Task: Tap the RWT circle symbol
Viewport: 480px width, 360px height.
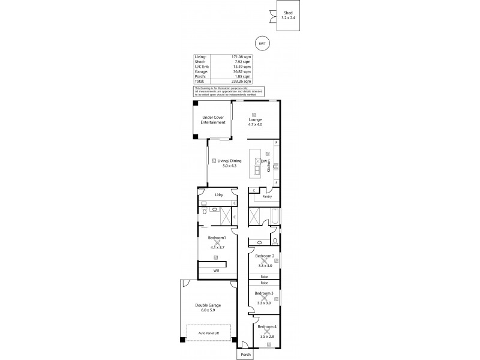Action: (262, 43)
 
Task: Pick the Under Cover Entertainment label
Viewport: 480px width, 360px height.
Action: (214, 120)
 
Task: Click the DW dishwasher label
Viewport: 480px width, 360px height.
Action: (265, 161)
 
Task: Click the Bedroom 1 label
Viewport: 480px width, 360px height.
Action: (217, 239)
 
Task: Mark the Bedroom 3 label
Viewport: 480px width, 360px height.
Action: (264, 293)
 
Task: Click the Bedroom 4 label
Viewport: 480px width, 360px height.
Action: (266, 326)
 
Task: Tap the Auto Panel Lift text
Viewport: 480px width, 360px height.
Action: (208, 334)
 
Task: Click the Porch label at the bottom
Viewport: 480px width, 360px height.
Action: (245, 354)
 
